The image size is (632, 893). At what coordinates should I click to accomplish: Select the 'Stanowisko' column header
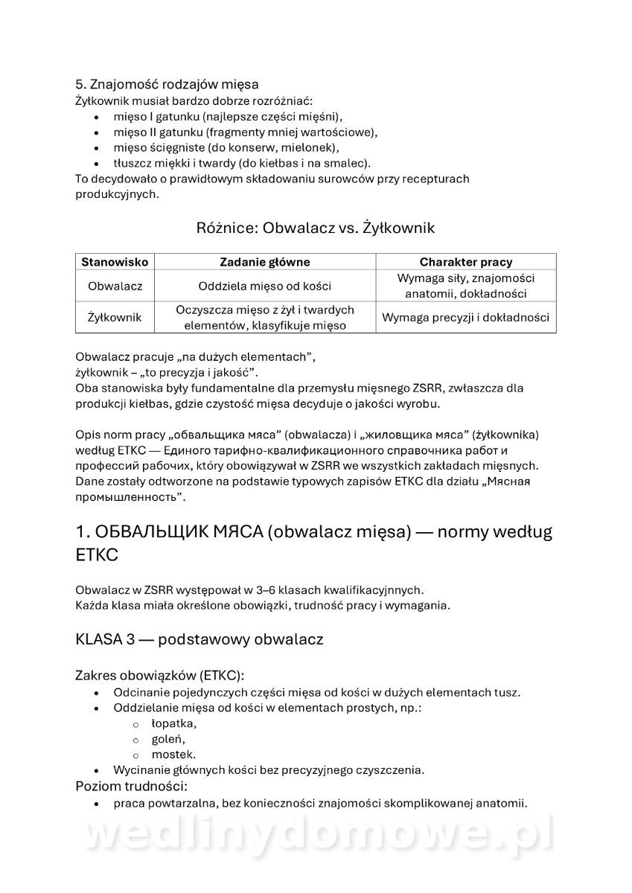(x=115, y=262)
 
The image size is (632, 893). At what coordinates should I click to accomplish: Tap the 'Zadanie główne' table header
(x=265, y=262)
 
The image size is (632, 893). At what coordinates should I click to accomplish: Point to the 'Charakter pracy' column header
(x=466, y=262)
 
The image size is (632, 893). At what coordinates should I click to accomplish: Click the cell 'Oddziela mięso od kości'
(x=265, y=286)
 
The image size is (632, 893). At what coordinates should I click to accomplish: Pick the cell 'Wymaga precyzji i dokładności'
(x=466, y=317)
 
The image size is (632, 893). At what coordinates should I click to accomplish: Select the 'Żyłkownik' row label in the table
(x=115, y=317)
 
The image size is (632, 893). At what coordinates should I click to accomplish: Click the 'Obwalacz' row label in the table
(x=115, y=286)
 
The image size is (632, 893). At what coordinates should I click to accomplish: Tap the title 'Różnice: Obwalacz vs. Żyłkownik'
(x=316, y=228)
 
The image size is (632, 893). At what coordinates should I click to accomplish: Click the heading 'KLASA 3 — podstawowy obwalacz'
(x=199, y=639)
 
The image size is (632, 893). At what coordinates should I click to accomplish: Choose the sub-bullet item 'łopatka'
(x=173, y=723)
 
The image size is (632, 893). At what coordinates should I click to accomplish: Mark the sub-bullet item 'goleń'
(x=168, y=739)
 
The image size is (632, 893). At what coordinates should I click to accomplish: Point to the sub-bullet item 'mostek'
(x=173, y=755)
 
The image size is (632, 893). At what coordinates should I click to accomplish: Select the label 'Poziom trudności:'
(x=131, y=786)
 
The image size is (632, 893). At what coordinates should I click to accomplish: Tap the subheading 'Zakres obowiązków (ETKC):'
(x=159, y=676)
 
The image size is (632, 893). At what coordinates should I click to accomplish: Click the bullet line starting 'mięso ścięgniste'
(x=226, y=147)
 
